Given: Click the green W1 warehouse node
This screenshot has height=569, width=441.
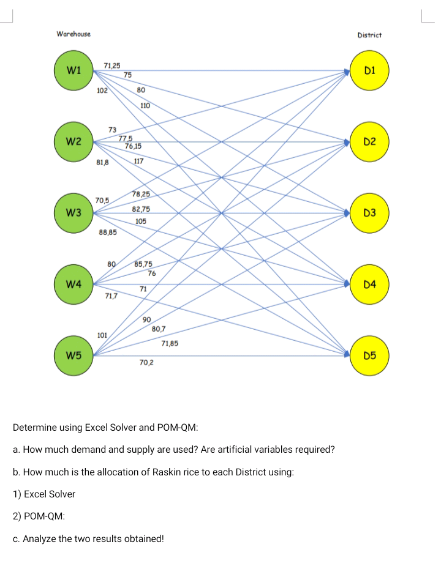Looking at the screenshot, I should tap(73, 71).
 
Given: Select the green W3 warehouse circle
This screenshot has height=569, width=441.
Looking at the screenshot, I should tap(73, 213).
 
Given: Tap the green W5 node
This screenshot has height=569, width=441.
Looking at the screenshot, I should tap(73, 355).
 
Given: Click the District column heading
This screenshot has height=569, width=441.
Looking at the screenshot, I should tap(369, 35).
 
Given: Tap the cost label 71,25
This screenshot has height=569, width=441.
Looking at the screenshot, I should tap(112, 65).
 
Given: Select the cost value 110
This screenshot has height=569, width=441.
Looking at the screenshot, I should tap(145, 106).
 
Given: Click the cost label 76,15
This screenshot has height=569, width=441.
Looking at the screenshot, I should tap(133, 146).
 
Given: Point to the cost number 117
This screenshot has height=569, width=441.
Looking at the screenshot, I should tap(138, 162).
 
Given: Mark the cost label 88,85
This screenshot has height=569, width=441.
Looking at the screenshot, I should tap(108, 232).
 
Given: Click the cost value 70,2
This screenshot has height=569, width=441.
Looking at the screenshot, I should tap(146, 363).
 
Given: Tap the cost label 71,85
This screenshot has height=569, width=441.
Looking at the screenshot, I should tap(170, 343).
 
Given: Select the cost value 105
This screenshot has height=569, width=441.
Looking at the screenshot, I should tap(141, 220).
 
